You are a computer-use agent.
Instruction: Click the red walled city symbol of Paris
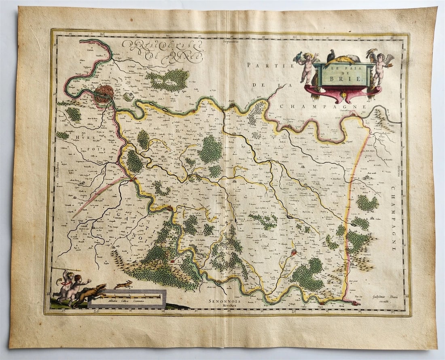coord(104,94)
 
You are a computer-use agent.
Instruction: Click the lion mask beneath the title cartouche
coord(343,95)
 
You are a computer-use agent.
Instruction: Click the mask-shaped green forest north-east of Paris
coord(168,79)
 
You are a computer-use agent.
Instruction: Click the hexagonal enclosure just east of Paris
coord(128,96)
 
